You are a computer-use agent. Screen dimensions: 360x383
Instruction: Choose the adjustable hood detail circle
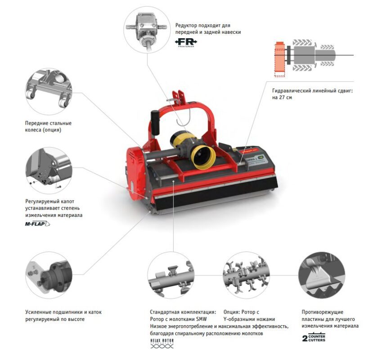click(48, 170)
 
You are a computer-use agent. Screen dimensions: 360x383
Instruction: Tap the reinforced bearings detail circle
click(48, 274)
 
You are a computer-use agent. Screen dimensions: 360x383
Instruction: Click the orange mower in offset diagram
click(279, 57)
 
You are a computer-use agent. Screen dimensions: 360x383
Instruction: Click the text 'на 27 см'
click(282, 97)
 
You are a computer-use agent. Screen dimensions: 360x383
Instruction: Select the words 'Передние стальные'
click(48, 123)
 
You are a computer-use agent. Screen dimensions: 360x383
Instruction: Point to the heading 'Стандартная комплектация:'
click(183, 312)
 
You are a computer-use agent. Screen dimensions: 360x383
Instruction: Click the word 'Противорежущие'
click(323, 312)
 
